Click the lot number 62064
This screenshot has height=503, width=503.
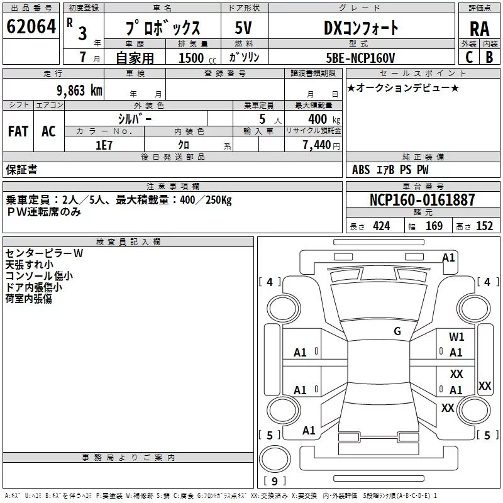[31, 26]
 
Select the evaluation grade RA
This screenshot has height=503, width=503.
[480, 29]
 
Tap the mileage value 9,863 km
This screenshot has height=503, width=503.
[80, 91]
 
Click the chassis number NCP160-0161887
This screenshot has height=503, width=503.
[422, 199]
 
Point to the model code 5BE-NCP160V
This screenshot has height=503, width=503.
[360, 58]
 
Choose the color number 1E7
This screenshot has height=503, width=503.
[104, 145]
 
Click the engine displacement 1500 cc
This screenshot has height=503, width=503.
[197, 58]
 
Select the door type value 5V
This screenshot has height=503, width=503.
[243, 28]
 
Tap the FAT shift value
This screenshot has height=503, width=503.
[18, 131]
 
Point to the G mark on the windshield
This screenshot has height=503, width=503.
[397, 331]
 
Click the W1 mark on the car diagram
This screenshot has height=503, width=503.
[456, 336]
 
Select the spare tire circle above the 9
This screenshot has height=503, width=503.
[275, 459]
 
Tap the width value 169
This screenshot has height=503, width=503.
[434, 226]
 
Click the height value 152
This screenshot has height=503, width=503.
[484, 226]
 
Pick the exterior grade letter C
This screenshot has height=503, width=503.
[469, 57]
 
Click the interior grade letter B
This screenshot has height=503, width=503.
[489, 57]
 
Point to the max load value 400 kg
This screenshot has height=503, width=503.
[324, 119]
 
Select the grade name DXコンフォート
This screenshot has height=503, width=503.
[361, 28]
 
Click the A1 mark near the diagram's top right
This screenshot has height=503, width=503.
[448, 258]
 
